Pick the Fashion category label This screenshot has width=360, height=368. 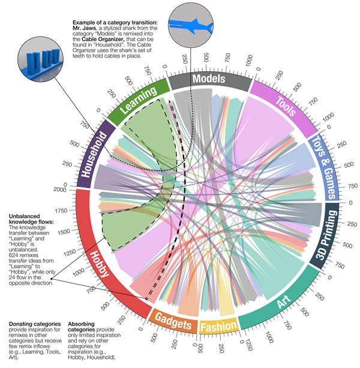(x=218, y=327)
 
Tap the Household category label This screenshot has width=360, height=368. (x=94, y=157)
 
